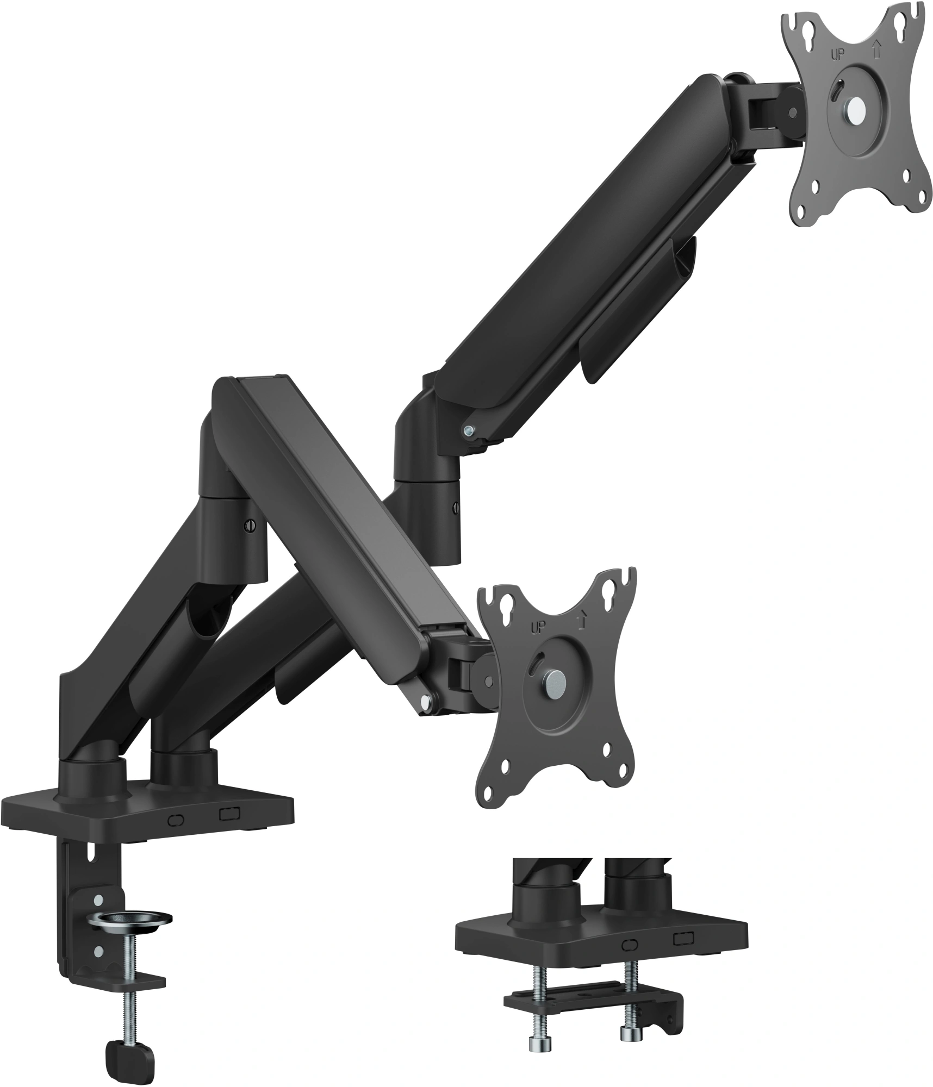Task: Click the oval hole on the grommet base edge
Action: [631, 945]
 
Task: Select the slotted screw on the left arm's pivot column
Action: [250, 526]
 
